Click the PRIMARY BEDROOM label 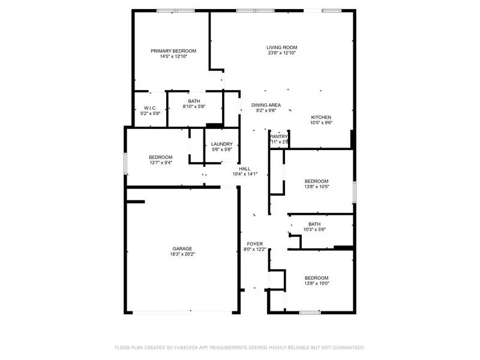click(x=173, y=51)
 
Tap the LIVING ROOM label click(x=282, y=47)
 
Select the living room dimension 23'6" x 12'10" click(x=282, y=53)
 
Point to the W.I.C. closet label click(x=150, y=108)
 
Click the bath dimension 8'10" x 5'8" click(x=194, y=107)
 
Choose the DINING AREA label click(x=266, y=105)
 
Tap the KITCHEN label click(x=321, y=117)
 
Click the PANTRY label click(x=279, y=136)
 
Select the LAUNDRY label click(x=222, y=144)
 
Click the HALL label click(x=245, y=169)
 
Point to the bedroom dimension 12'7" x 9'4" click(x=161, y=163)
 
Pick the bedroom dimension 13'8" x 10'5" click(x=317, y=187)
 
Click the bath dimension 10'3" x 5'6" click(x=314, y=229)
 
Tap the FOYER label click(x=255, y=244)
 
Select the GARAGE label click(x=182, y=248)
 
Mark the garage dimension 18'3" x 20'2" click(x=182, y=254)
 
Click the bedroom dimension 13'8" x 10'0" click(x=317, y=283)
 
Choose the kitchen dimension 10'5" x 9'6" click(x=321, y=122)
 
